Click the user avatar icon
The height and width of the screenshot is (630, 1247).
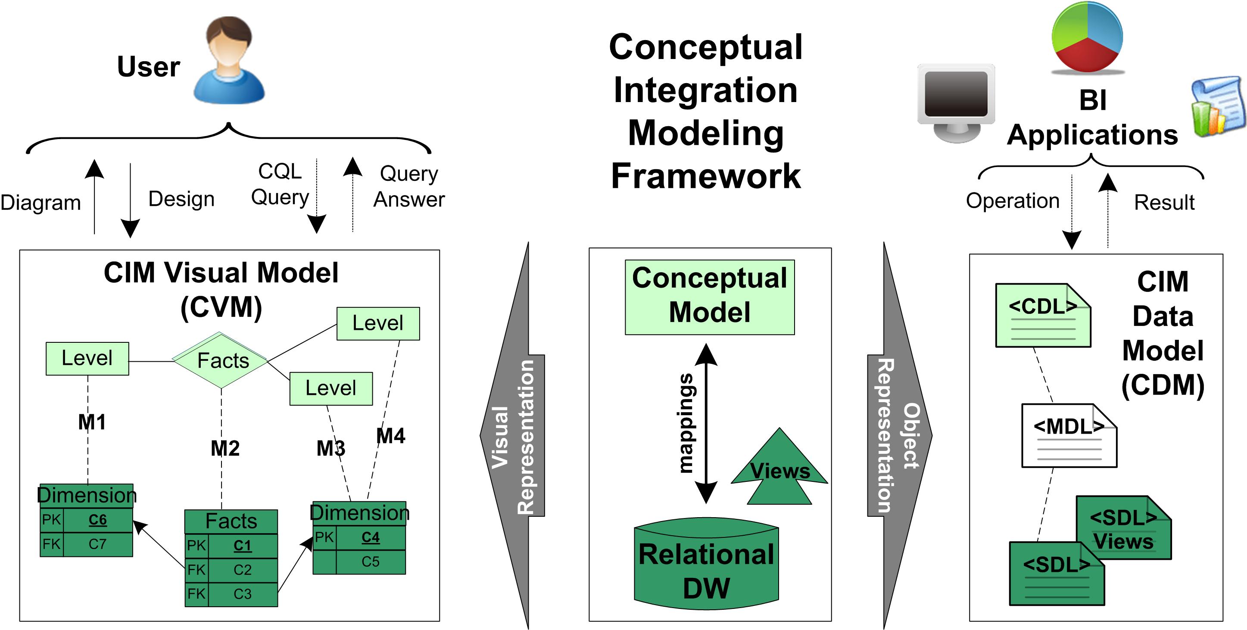pos(229,60)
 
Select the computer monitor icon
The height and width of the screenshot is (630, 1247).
pos(956,102)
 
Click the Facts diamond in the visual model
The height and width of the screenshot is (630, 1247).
pos(221,360)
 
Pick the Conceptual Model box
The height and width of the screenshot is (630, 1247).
pos(709,297)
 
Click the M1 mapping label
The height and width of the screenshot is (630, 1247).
pos(91,422)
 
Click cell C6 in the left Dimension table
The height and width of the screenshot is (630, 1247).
pos(97,520)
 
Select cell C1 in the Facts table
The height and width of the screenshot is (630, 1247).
pos(243,546)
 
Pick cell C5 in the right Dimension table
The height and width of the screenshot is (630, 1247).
pos(370,562)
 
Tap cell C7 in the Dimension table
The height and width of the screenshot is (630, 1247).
pos(97,544)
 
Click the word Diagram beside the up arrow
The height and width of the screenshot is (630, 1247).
pos(41,203)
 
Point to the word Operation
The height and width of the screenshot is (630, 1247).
pos(1012,201)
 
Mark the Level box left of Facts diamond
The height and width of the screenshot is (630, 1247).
pos(87,359)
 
